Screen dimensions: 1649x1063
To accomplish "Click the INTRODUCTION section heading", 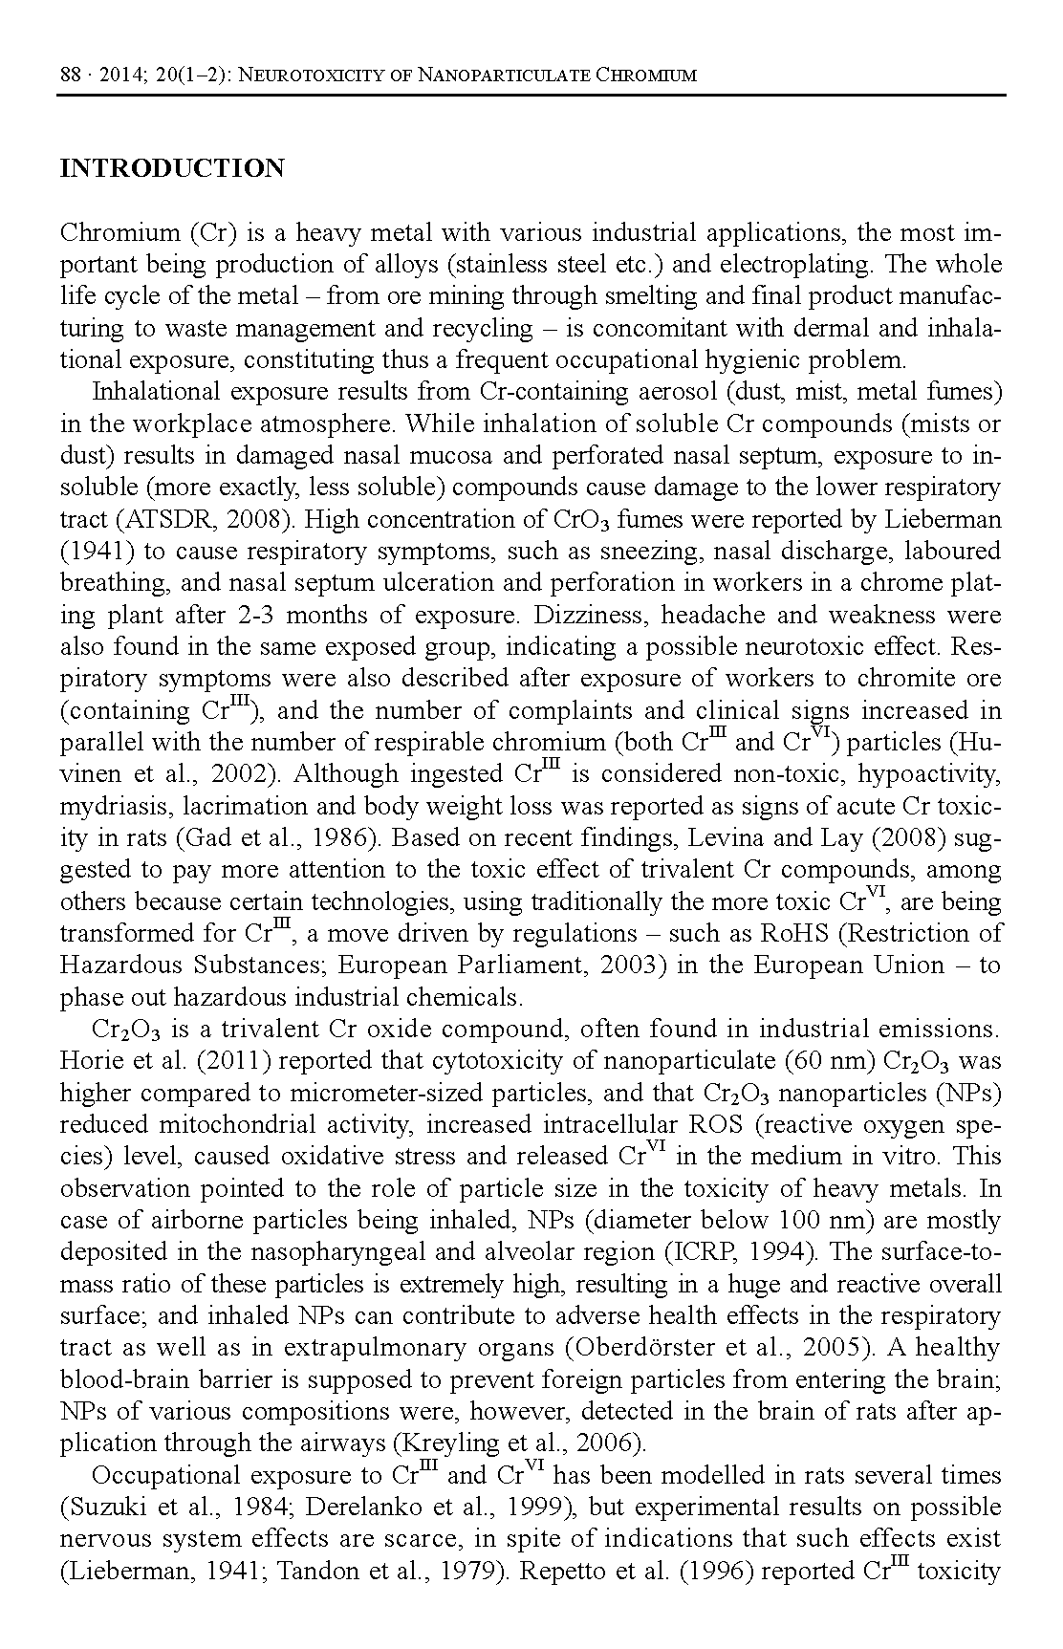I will [x=172, y=169].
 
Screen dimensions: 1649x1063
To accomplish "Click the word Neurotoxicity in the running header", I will [x=304, y=75].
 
